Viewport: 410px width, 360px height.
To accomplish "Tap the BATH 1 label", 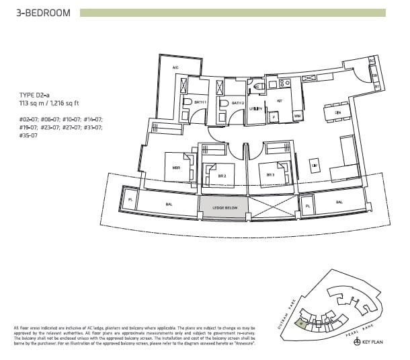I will click(200, 103).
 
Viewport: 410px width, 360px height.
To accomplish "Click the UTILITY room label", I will click(256, 108).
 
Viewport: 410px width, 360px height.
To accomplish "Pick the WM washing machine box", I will click(297, 116).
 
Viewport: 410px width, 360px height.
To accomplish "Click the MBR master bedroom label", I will click(176, 168).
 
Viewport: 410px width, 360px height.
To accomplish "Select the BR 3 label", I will click(270, 174).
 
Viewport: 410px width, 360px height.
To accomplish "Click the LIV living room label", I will click(314, 164).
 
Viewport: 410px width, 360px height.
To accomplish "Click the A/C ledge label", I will click(175, 68).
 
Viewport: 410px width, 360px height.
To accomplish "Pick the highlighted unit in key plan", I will click(302, 323).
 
